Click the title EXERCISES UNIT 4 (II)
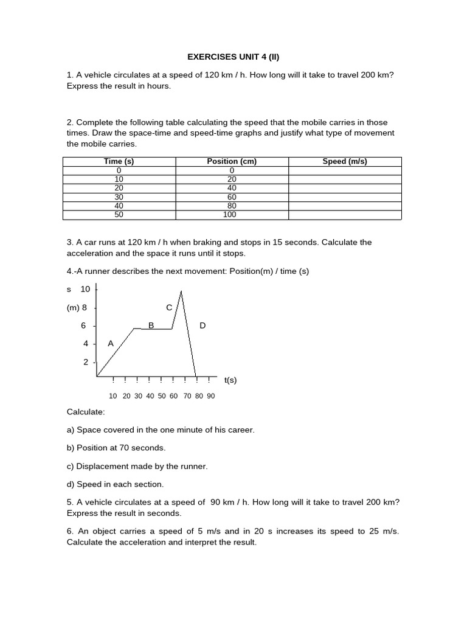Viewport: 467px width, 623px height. [x=233, y=57]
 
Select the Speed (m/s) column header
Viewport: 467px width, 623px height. [x=345, y=161]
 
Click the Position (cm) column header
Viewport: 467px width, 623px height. [x=232, y=161]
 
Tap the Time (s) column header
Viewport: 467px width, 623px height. [x=119, y=161]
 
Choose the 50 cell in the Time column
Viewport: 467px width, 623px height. [x=119, y=215]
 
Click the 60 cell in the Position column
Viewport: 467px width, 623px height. [x=232, y=197]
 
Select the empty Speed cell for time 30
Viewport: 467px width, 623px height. [x=345, y=197]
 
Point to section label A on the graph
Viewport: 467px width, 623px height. [x=111, y=343]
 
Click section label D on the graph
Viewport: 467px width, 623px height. [x=202, y=325]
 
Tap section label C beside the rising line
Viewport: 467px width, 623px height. [x=169, y=307]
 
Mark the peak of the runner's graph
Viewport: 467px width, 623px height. [x=181, y=291]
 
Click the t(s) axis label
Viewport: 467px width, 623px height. [x=230, y=380]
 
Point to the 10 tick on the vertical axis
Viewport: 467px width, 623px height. [x=85, y=289]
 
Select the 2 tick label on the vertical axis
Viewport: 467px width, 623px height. [x=86, y=362]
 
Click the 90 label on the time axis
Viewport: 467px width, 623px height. [x=210, y=395]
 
